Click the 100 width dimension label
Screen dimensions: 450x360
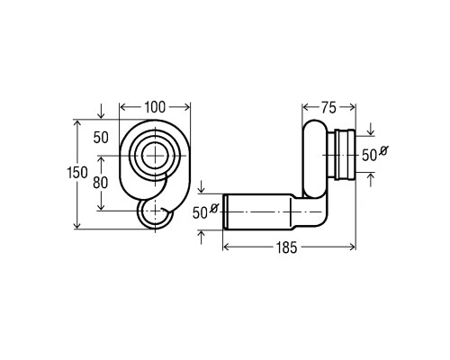pyautogui.click(x=155, y=107)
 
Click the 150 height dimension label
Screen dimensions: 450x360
pyautogui.click(x=77, y=173)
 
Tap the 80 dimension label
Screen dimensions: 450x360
pyautogui.click(x=100, y=183)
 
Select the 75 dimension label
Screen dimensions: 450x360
pyautogui.click(x=328, y=108)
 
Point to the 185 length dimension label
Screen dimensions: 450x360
pyautogui.click(x=287, y=247)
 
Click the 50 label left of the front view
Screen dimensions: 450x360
pyautogui.click(x=101, y=138)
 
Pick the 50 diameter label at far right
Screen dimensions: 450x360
pyautogui.click(x=369, y=156)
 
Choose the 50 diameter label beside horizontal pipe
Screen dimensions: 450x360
pyautogui.click(x=200, y=213)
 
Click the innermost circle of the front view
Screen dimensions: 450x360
pyautogui.click(x=155, y=156)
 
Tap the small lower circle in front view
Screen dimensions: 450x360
pyautogui.click(x=139, y=214)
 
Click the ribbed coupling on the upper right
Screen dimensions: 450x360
pyautogui.click(x=345, y=155)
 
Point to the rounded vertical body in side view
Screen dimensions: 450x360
pyautogui.click(x=314, y=158)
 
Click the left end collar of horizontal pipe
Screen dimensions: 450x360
pyautogui.click(x=225, y=211)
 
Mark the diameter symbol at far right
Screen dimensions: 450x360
pyautogui.click(x=383, y=150)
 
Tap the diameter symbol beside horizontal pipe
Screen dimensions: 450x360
pyautogui.click(x=214, y=208)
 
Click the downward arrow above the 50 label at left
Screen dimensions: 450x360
pyautogui.click(x=101, y=111)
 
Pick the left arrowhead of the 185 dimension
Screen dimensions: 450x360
pyautogui.click(x=227, y=247)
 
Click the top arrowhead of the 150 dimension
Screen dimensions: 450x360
pyautogui.click(x=77, y=124)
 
